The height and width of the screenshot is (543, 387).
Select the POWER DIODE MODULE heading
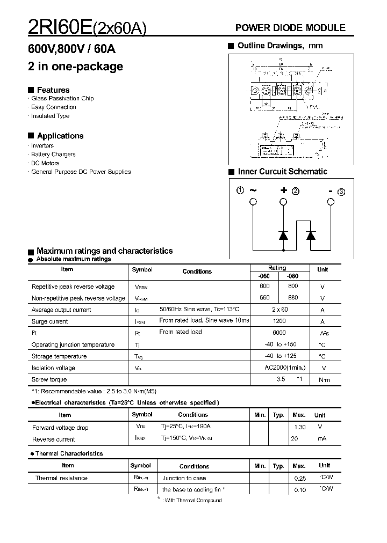coord(291,28)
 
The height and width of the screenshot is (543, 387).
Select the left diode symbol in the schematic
coord(283,235)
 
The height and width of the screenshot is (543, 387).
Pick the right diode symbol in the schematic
coord(311,235)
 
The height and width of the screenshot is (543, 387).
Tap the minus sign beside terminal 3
coord(331,190)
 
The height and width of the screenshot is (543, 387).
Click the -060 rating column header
coord(264,276)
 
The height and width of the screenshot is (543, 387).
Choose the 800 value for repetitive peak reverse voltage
coord(292,287)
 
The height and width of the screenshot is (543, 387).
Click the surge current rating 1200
coord(279,321)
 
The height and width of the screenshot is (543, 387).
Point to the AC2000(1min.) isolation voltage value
coord(285,368)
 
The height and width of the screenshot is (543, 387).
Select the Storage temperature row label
coord(59,356)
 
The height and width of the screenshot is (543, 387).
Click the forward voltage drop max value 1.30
coord(299,427)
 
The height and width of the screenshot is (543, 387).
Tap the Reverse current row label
coord(53,439)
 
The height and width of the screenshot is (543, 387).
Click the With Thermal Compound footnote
coord(192,500)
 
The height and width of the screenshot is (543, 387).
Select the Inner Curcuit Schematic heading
coord(282,172)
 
